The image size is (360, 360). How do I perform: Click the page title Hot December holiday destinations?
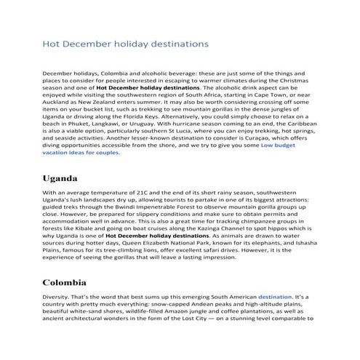click(x=125, y=44)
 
